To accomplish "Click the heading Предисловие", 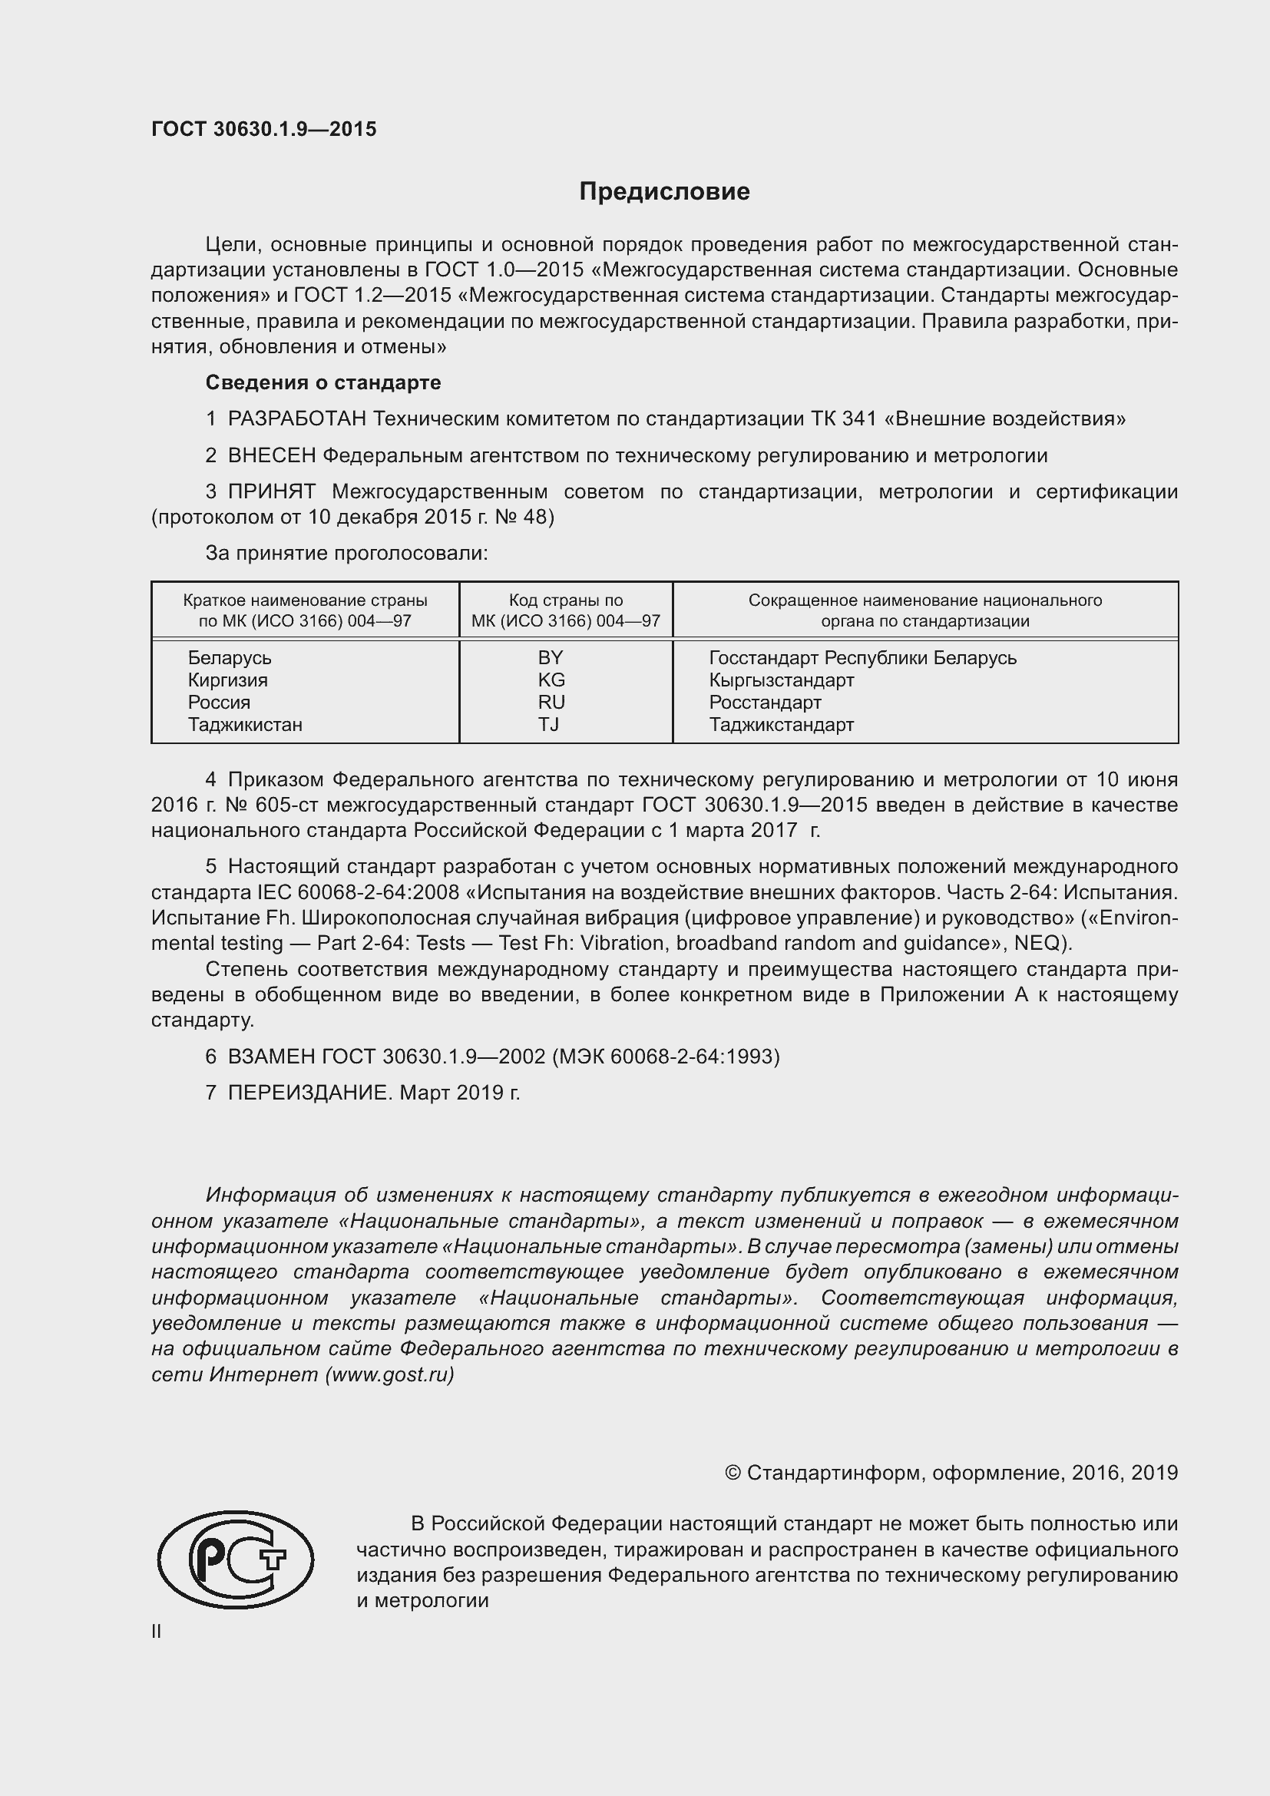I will coord(664,192).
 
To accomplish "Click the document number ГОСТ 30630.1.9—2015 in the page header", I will coord(263,129).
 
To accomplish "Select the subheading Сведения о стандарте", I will coord(323,382).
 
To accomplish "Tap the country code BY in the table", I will coord(551,657).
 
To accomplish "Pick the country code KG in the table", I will coord(551,680).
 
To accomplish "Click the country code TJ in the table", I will coord(549,724).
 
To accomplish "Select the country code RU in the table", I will coord(551,702).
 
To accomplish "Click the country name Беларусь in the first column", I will coord(229,658).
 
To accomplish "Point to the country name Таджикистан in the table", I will coord(245,724).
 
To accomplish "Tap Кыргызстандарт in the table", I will coord(781,680).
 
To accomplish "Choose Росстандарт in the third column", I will coord(765,702).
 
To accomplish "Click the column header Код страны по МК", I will coord(565,610).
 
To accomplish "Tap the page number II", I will coord(157,1631).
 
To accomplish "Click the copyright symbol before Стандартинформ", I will coord(733,1473).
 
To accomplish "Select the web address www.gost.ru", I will coord(389,1374).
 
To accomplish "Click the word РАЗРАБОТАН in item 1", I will coord(297,419).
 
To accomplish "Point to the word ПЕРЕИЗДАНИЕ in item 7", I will coord(309,1093).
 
